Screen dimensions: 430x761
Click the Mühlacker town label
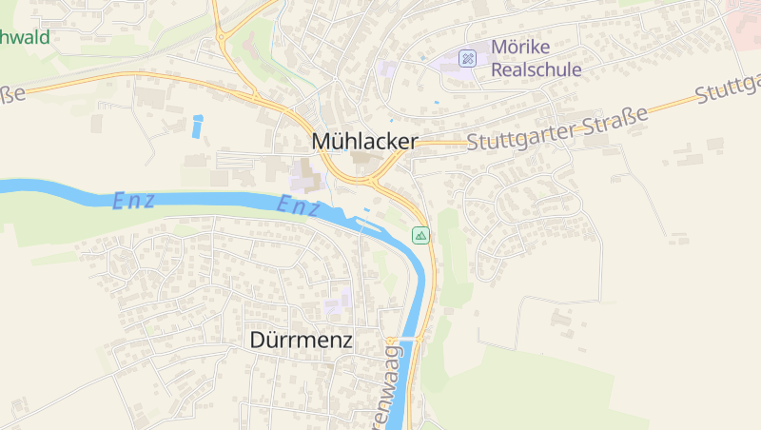pos(364,142)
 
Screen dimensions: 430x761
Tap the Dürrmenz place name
pos(301,340)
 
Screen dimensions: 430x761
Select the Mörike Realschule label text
pos(536,58)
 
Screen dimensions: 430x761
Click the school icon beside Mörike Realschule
pos(467,58)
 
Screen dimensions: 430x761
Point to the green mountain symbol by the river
pos(420,235)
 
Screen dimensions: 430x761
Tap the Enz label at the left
pos(134,201)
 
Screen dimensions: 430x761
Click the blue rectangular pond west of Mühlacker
pos(198,127)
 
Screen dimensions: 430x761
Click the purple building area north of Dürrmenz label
pos(334,304)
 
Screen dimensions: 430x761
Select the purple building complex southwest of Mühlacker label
pos(302,179)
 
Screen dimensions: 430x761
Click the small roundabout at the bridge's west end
pos(392,339)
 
